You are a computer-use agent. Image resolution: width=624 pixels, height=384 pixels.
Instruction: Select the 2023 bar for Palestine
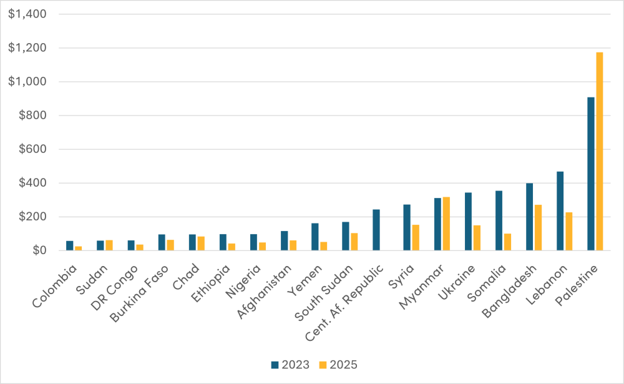click(590, 174)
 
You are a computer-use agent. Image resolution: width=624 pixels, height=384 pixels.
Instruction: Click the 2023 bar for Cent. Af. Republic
click(376, 230)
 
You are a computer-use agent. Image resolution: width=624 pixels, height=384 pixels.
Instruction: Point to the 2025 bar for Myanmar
click(446, 224)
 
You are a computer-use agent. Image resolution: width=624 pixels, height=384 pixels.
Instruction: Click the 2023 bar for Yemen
click(314, 237)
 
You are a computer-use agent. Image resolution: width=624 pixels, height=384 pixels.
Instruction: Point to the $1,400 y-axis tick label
click(23, 14)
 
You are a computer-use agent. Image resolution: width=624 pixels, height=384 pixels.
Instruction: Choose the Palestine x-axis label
click(575, 286)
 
